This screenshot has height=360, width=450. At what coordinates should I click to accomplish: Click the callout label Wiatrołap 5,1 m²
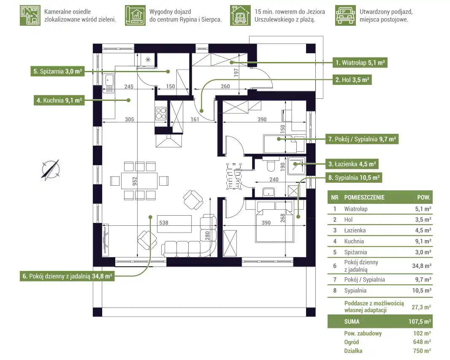(360, 63)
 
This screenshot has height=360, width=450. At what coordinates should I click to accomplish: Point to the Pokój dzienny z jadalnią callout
(68, 276)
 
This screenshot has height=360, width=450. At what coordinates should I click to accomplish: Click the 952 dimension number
(135, 181)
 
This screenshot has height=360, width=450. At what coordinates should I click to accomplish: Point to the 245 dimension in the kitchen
(129, 87)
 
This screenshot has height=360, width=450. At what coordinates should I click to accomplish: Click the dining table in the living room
(139, 181)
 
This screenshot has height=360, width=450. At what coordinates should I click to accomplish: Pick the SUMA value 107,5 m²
(420, 322)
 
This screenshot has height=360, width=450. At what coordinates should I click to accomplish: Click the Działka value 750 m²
(422, 351)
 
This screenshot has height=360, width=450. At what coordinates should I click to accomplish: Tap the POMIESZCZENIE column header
(364, 197)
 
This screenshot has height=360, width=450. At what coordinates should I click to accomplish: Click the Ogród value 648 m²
(422, 342)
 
